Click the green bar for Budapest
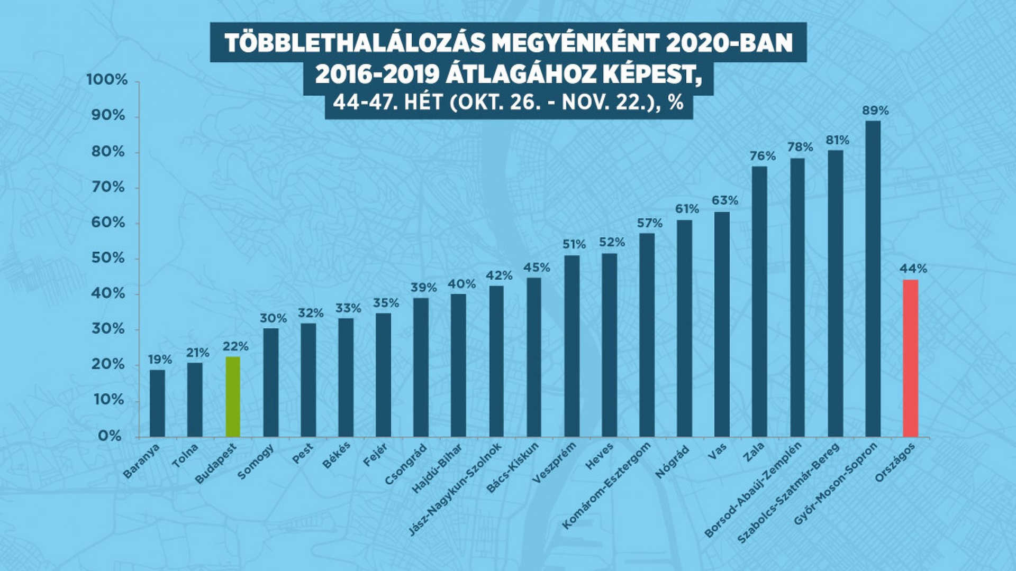point(233,397)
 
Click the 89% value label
point(875,111)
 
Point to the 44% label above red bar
point(913,269)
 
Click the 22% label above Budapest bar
point(235,347)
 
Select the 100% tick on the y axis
point(107,80)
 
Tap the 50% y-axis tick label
point(108,258)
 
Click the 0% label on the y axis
point(110,436)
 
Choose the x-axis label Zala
point(753,453)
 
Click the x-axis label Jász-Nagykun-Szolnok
point(455,490)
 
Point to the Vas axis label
point(718,451)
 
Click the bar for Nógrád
point(684,328)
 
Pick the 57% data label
point(649,223)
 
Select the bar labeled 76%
point(759,302)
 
